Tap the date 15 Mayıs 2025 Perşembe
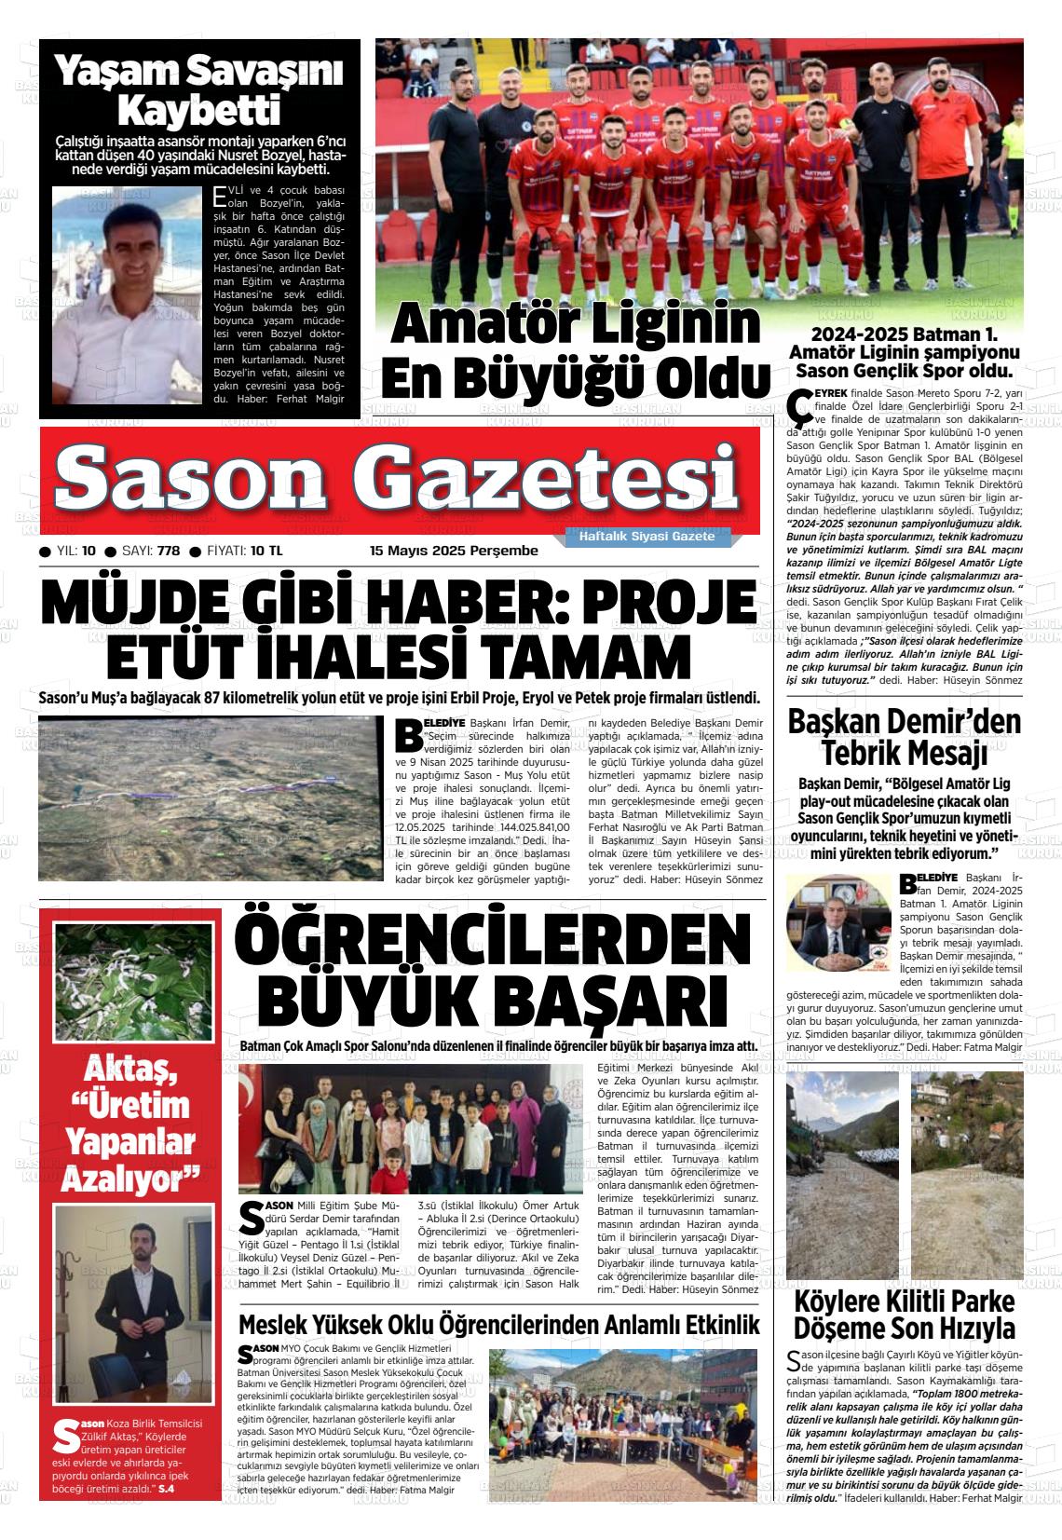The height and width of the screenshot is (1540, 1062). tap(454, 551)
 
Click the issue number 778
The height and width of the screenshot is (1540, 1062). tap(169, 551)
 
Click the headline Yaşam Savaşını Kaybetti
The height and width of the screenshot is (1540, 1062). tap(198, 90)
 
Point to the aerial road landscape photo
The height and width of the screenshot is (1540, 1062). tap(211, 797)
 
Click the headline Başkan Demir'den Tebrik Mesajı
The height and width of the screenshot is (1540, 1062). tap(904, 737)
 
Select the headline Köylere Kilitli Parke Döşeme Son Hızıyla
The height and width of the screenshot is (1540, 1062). tap(904, 1315)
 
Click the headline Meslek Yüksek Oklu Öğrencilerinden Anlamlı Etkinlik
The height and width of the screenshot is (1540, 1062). tap(498, 1325)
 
